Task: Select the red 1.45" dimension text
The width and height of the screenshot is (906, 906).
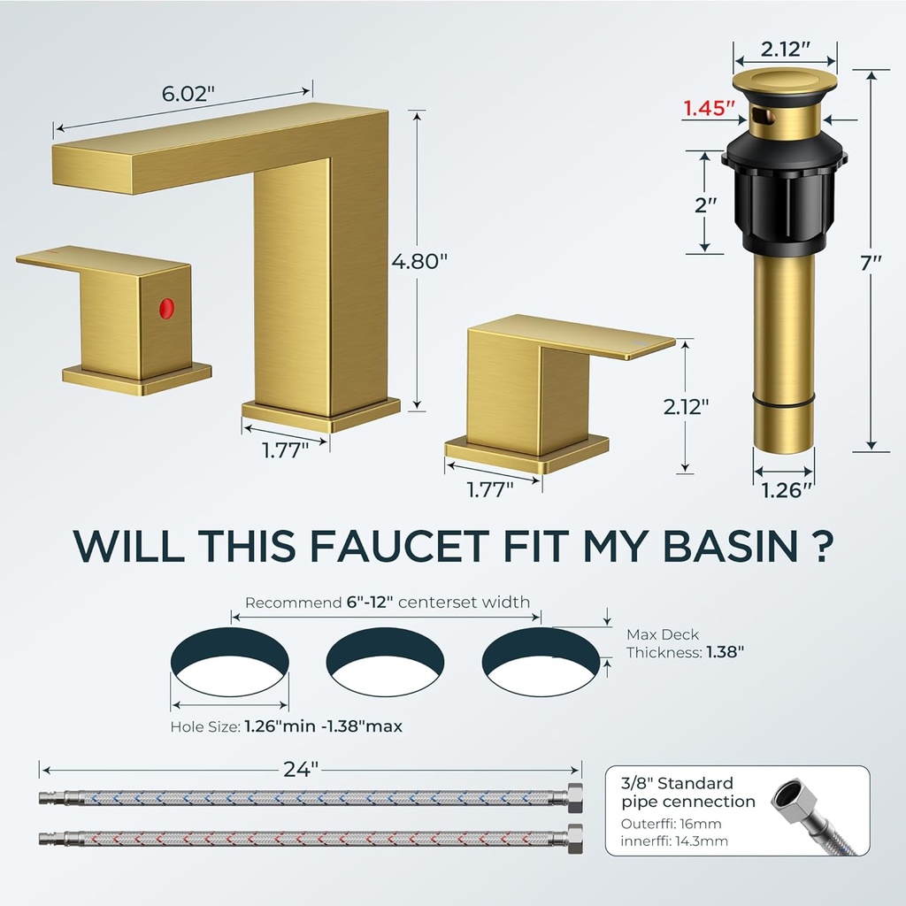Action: coord(709,109)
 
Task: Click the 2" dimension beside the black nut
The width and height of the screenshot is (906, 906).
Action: coord(704,204)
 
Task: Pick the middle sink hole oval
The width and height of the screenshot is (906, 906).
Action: coord(386,662)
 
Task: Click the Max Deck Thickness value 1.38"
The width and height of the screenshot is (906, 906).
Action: coord(725,652)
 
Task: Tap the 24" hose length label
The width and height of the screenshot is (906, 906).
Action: coord(302,770)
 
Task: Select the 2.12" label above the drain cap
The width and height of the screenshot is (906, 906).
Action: coord(784,47)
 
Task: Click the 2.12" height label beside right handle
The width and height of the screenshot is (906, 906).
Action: coord(687,406)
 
